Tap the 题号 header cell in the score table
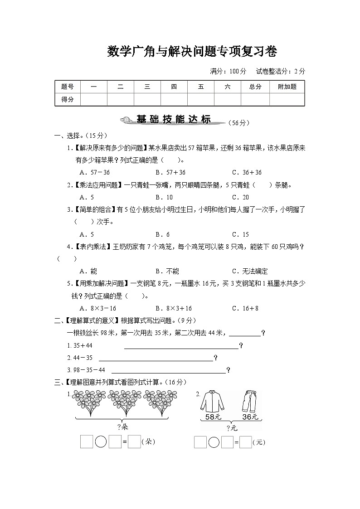pyautogui.click(x=68, y=87)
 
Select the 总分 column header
pyautogui.click(x=255, y=87)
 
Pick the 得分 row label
pyautogui.click(x=68, y=99)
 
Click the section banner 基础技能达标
pyautogui.click(x=174, y=120)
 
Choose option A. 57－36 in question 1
pyautogui.click(x=94, y=172)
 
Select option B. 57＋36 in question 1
pyautogui.click(x=170, y=172)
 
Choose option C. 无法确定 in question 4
pyautogui.click(x=250, y=271)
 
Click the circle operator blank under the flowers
pyautogui.click(x=102, y=442)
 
